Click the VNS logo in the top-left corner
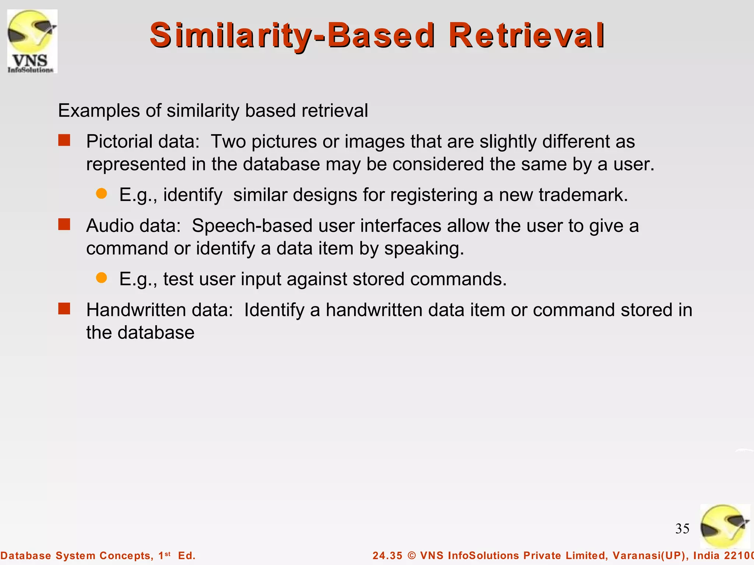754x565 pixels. (32, 41)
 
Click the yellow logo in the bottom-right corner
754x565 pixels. (725, 526)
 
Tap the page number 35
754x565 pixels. (682, 529)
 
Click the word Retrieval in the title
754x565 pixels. (526, 36)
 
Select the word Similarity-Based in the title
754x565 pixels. (292, 36)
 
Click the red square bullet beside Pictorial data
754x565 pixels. (64, 141)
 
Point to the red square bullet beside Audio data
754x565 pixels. (64, 224)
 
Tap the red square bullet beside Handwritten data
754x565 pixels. (64, 309)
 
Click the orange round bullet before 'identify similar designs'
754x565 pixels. (101, 193)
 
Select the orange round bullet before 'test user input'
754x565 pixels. (101, 278)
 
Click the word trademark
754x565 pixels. (583, 195)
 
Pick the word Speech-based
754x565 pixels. (252, 225)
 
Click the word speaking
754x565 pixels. (424, 249)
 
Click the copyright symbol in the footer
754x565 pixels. (412, 555)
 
